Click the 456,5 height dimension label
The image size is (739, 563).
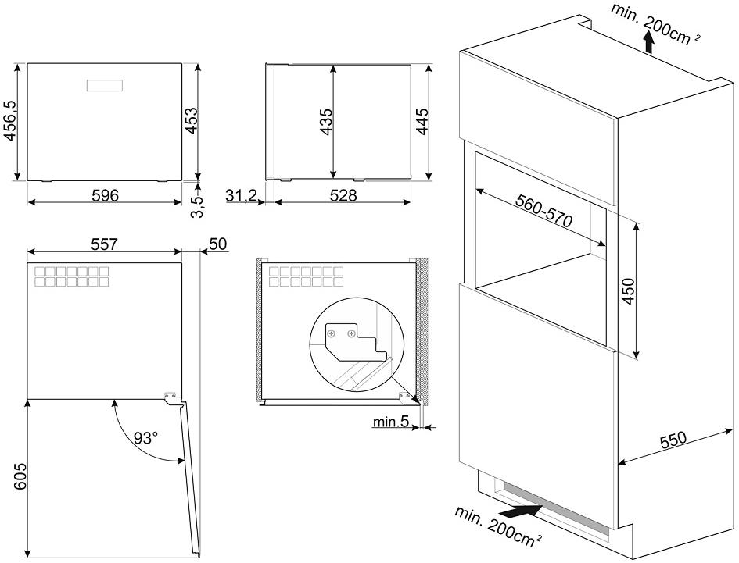pos(10,122)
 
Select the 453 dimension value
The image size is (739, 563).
pos(191,122)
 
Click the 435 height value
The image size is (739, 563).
pos(326,122)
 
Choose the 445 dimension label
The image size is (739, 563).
pos(422,122)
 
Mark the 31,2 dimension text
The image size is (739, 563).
pos(241,195)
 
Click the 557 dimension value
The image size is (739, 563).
pos(104,244)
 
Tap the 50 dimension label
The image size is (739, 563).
pos(217,244)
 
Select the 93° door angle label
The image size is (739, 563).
pos(144,438)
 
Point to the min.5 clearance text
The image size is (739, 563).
pos(390,422)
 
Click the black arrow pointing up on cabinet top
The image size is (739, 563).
pos(648,41)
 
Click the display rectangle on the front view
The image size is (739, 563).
pos(104,85)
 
